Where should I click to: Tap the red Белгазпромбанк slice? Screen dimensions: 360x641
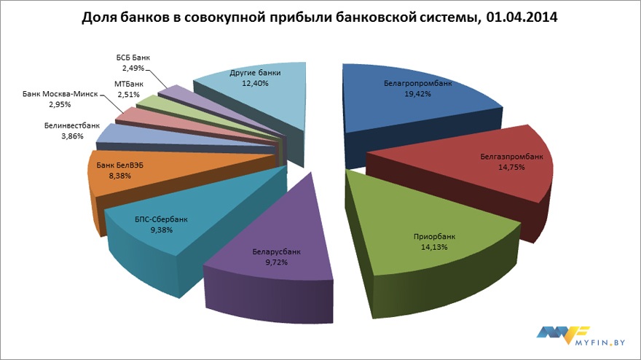coord(495,175)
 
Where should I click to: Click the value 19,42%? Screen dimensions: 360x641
coord(418,94)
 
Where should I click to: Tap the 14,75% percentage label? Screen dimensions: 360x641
coord(511,167)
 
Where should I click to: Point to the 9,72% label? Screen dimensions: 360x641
coord(276,262)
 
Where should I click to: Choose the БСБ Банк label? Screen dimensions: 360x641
coord(133,58)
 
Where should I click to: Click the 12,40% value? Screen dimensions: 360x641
coord(254,84)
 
